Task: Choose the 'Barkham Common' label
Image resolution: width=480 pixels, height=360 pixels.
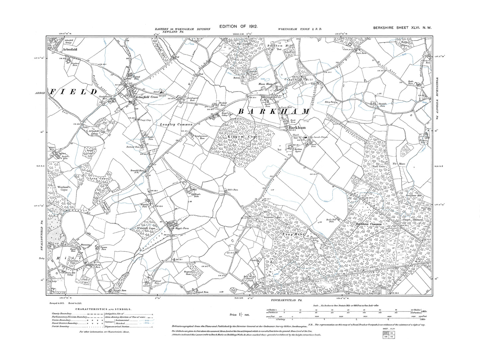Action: (x=368, y=224)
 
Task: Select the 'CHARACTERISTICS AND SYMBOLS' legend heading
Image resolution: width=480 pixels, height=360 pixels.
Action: (x=103, y=309)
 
